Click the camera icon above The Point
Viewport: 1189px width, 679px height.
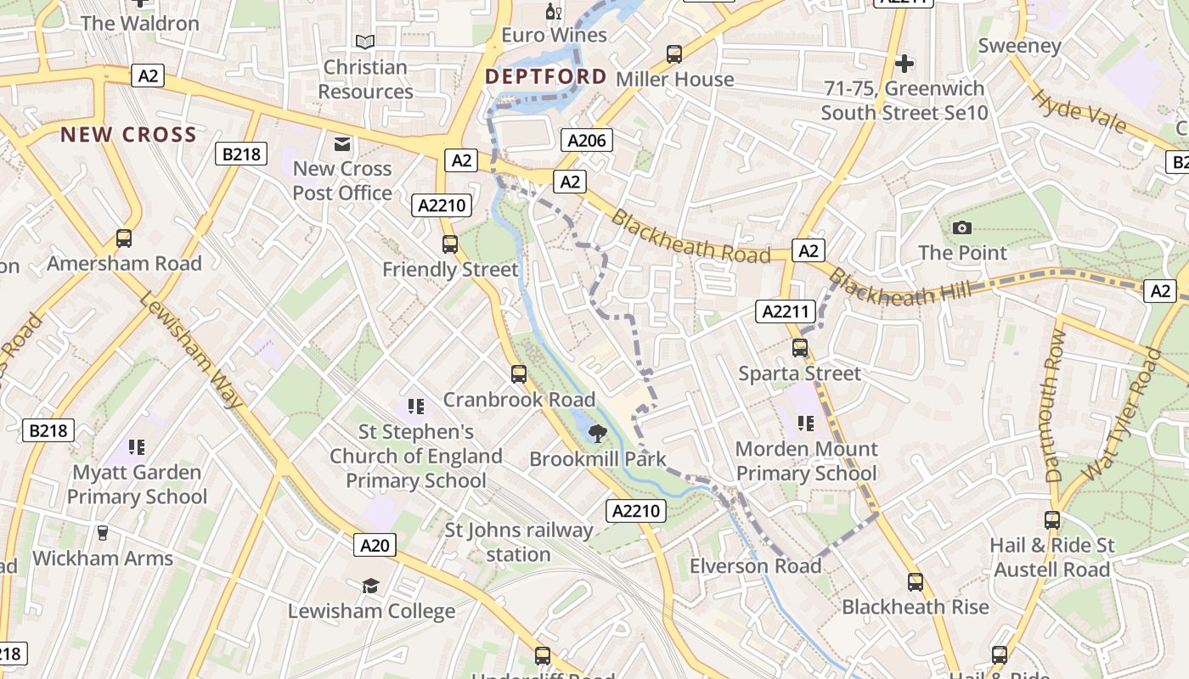click(962, 227)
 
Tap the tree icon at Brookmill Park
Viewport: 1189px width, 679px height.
click(598, 434)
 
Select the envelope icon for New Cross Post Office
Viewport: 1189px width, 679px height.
click(342, 144)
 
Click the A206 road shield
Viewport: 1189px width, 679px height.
click(587, 140)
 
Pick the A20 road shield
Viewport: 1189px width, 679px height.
click(375, 544)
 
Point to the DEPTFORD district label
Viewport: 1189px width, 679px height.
click(546, 76)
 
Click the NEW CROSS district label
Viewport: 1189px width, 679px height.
click(128, 134)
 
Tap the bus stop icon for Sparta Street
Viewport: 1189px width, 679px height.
click(799, 347)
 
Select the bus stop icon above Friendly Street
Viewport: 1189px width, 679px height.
click(450, 244)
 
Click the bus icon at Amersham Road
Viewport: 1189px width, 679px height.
click(124, 238)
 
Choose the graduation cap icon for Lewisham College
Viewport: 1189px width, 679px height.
click(370, 586)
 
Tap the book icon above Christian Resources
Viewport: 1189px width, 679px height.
click(365, 42)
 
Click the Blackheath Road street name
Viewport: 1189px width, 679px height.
click(690, 238)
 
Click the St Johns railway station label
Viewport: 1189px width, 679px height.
click(519, 542)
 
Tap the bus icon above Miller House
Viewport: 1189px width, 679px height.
click(674, 54)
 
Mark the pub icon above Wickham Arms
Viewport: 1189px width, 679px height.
click(103, 533)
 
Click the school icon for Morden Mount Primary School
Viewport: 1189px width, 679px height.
click(805, 423)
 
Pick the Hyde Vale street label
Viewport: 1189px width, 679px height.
click(1079, 111)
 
